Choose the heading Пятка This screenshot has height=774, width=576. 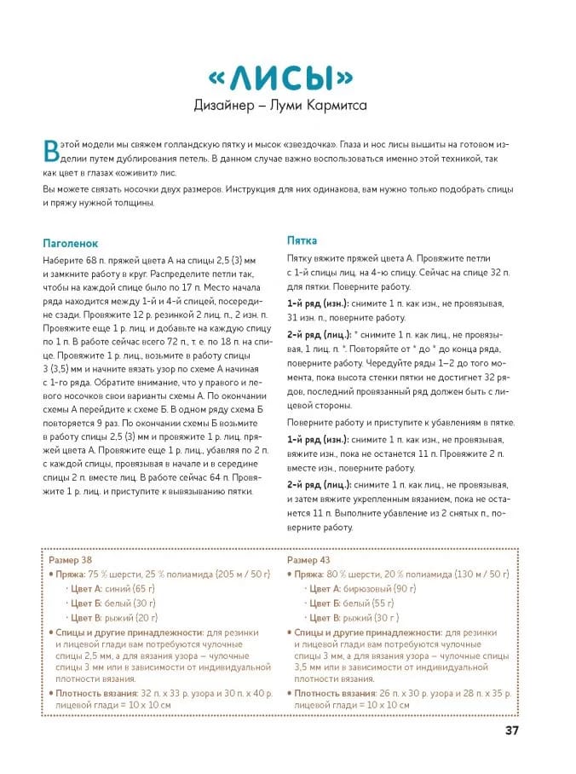coord(302,241)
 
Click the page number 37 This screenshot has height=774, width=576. coord(511,731)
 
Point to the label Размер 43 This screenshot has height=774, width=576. coord(308,560)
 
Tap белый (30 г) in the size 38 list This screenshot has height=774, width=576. coord(130,604)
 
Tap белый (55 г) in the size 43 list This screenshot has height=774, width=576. coord(369,604)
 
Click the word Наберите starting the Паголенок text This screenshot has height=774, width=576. coord(65,258)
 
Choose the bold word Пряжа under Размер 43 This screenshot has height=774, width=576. coord(310,575)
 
